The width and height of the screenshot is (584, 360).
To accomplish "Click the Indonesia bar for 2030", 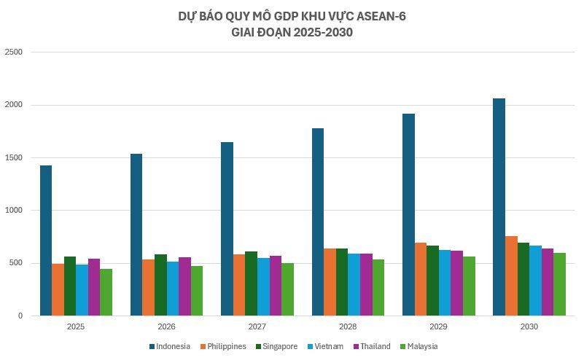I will (x=499, y=207).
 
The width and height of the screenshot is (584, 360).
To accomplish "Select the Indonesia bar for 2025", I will (x=46, y=240).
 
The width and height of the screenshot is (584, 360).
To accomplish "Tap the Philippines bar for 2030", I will (x=512, y=276).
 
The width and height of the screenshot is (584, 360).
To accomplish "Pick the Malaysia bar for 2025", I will (x=106, y=292).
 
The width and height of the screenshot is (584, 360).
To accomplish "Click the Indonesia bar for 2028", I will (x=318, y=222).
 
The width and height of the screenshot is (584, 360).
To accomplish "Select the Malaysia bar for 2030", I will (x=560, y=284).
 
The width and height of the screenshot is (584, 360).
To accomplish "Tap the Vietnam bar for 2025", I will (x=82, y=290).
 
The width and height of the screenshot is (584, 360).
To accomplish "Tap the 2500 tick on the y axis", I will (x=14, y=52).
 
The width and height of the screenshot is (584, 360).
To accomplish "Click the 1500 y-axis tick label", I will (x=14, y=158).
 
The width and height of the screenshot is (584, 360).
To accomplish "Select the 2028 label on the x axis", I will (x=348, y=326).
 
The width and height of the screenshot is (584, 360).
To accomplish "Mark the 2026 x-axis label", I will (x=167, y=326).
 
